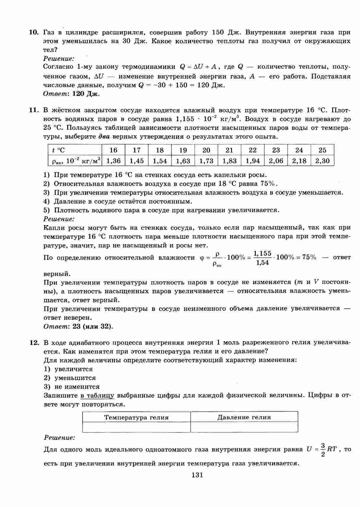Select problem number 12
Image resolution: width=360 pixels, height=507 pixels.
(x=34, y=343)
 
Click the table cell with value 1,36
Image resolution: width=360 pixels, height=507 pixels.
(x=113, y=161)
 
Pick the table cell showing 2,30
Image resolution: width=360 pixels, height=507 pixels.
(x=322, y=161)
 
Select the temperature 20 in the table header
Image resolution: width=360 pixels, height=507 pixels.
(x=206, y=150)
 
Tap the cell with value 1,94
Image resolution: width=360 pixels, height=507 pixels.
(x=253, y=161)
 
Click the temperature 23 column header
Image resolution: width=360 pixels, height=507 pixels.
(x=276, y=150)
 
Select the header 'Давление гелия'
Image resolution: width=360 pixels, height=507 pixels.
(x=244, y=418)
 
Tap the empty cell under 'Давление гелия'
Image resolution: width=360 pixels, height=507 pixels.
(x=244, y=427)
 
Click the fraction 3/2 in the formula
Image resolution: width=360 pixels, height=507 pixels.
(x=323, y=450)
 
